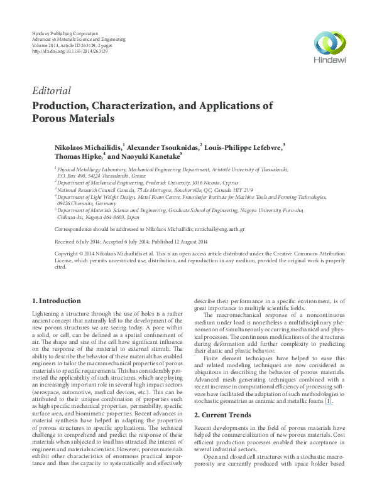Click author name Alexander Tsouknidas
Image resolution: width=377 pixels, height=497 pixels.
(163, 146)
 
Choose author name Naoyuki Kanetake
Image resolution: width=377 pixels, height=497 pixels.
(150, 156)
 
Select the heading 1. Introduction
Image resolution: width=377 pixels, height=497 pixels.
(56, 301)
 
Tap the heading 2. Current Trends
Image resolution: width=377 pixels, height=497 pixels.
(222, 415)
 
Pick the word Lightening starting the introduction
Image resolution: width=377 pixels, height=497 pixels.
(46, 313)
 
